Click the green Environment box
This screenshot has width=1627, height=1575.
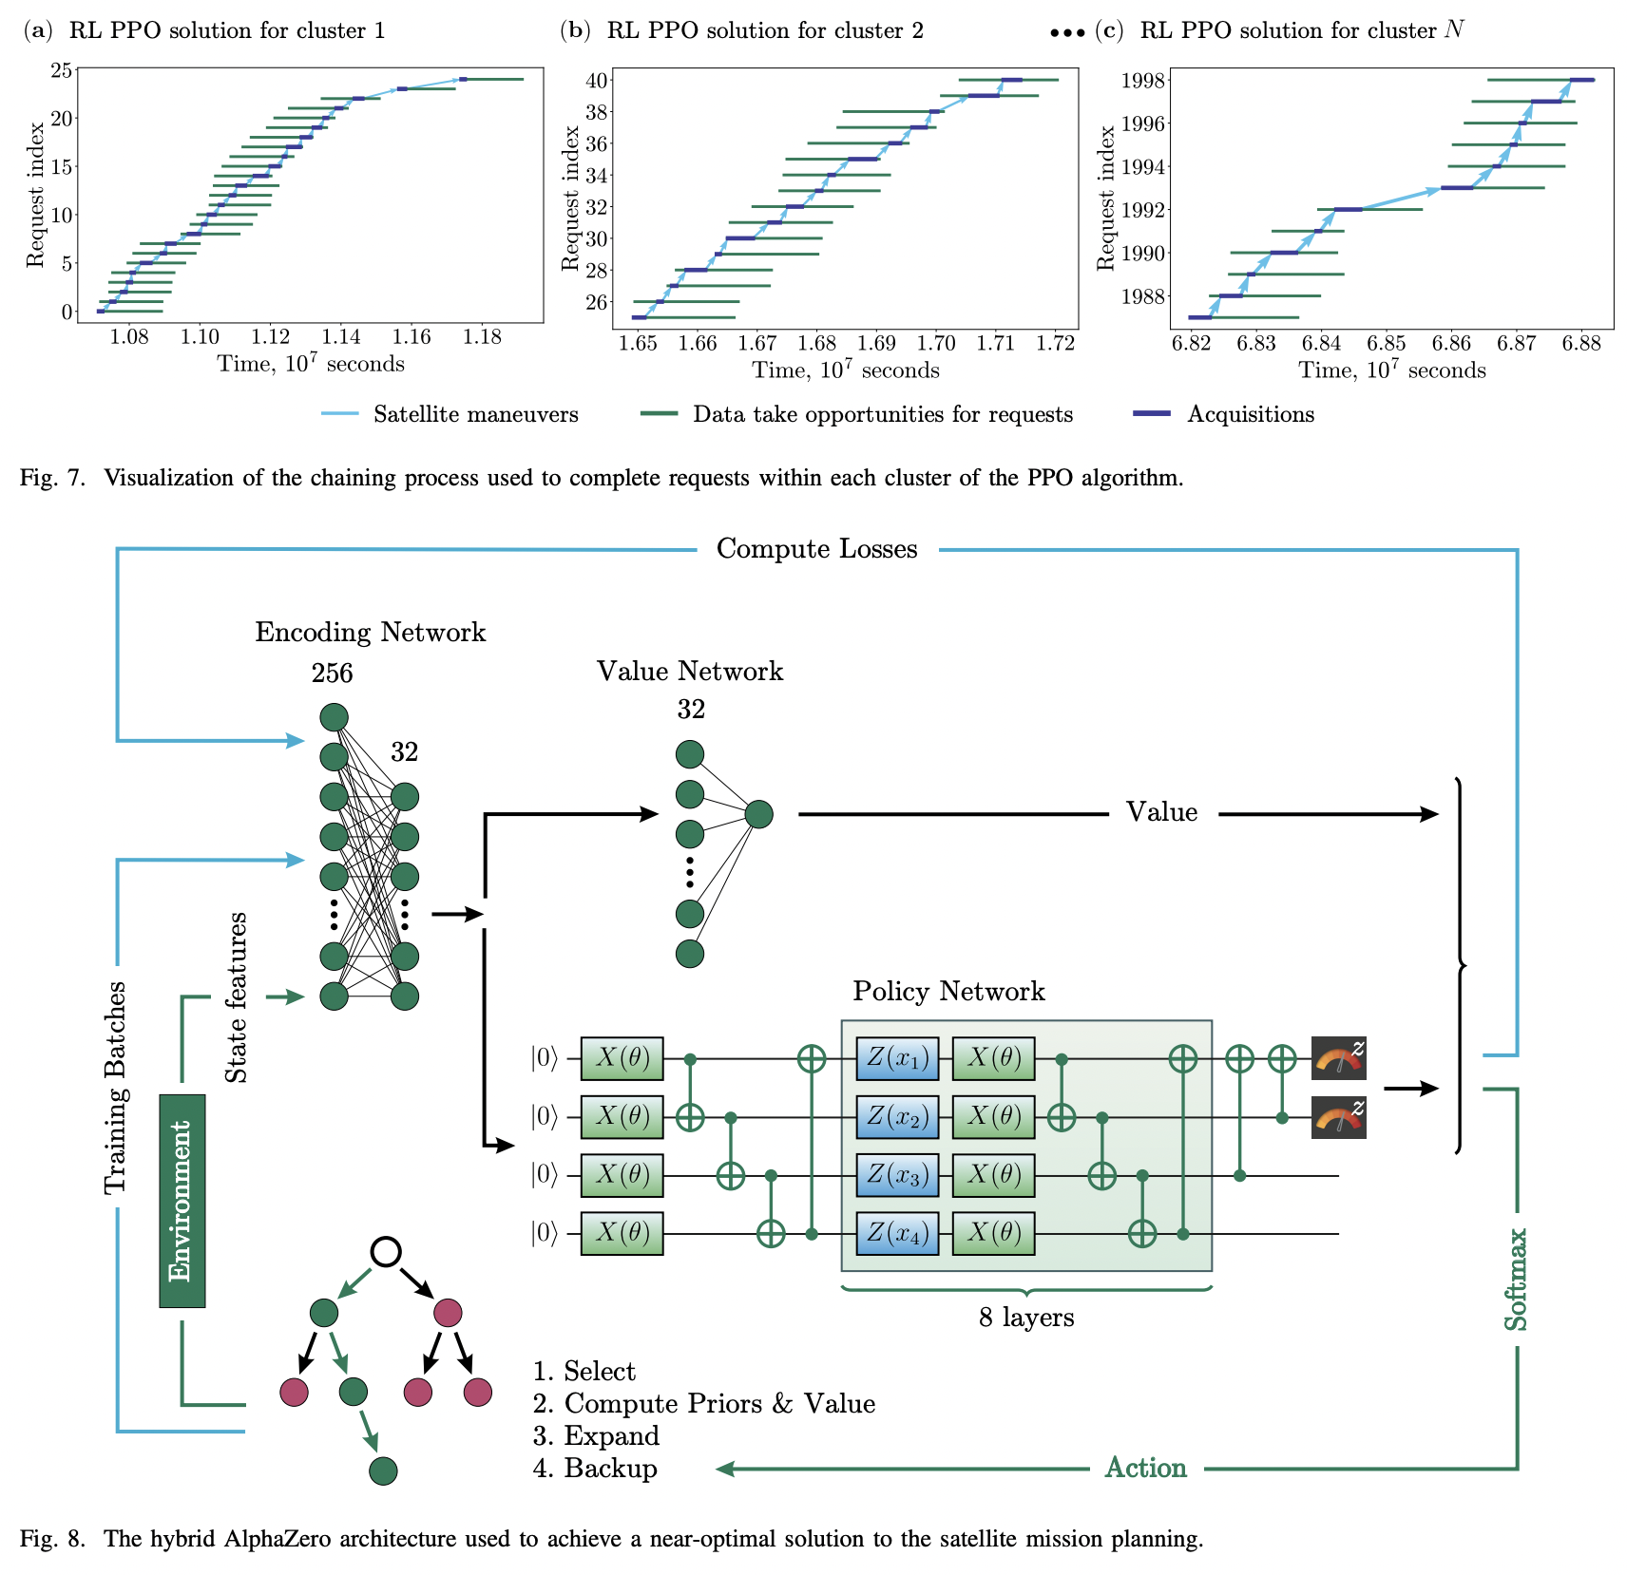(x=182, y=1201)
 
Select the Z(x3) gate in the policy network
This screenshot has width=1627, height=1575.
(x=896, y=1175)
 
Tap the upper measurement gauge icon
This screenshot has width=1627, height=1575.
(x=1338, y=1058)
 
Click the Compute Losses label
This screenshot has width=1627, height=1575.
(x=816, y=549)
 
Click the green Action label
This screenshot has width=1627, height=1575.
(x=1145, y=1468)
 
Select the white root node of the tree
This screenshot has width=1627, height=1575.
(x=385, y=1252)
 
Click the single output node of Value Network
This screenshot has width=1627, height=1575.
(x=758, y=814)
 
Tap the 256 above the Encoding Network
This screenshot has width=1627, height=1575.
(x=332, y=674)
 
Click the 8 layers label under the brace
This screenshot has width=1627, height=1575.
(x=1026, y=1318)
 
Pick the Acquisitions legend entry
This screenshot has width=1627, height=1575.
(x=1250, y=414)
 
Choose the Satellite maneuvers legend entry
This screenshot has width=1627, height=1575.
(x=475, y=414)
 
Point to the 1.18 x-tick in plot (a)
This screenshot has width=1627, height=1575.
(x=482, y=336)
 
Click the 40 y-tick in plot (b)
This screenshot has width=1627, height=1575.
(x=596, y=80)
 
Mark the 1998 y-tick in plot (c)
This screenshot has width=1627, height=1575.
(x=1142, y=80)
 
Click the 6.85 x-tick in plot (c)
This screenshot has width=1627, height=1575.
(x=1387, y=343)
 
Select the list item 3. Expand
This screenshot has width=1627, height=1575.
(x=596, y=1435)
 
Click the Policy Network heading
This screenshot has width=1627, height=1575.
(x=948, y=991)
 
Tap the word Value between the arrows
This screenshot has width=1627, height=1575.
(x=1161, y=812)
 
